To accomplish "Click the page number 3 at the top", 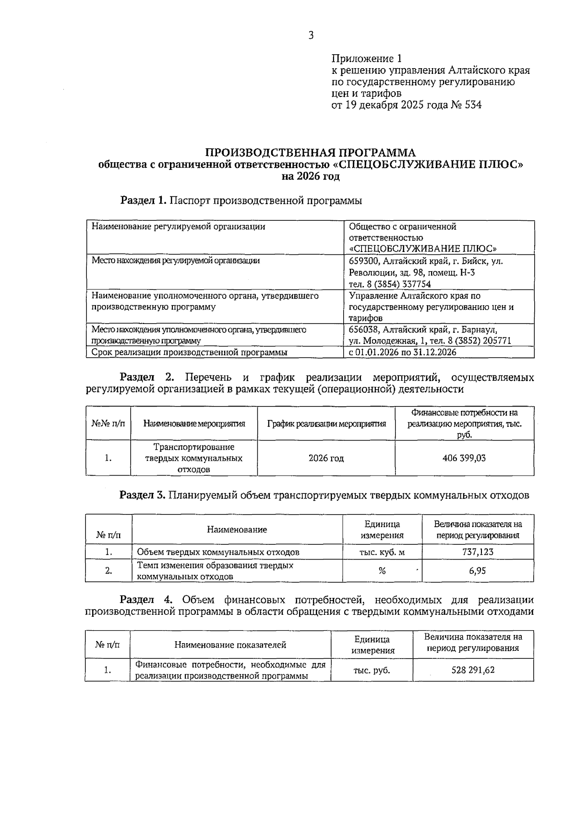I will pos(311,36).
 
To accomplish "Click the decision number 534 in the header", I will pos(473,105).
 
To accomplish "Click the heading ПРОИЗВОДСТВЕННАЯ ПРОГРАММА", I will pos(311,153).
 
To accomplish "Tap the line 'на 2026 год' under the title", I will pos(311,177).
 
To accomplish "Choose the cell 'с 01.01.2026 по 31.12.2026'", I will pos(402,352).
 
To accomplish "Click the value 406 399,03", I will pos(464,458).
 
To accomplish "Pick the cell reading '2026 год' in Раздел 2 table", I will pos(326,458).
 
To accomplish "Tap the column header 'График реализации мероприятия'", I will pos(326,423).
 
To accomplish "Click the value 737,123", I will pos(478,551).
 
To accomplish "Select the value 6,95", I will pos(478,571).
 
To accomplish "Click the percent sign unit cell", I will pos(382,571).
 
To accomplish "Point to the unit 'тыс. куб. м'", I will pos(382,552).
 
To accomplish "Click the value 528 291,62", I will pos(473,670).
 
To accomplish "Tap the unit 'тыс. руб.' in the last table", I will pos(372,670).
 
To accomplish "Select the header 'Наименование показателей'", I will pos(230,645).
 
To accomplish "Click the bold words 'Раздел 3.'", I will pos(142,495).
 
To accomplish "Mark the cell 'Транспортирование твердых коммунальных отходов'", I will pos(193,458).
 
